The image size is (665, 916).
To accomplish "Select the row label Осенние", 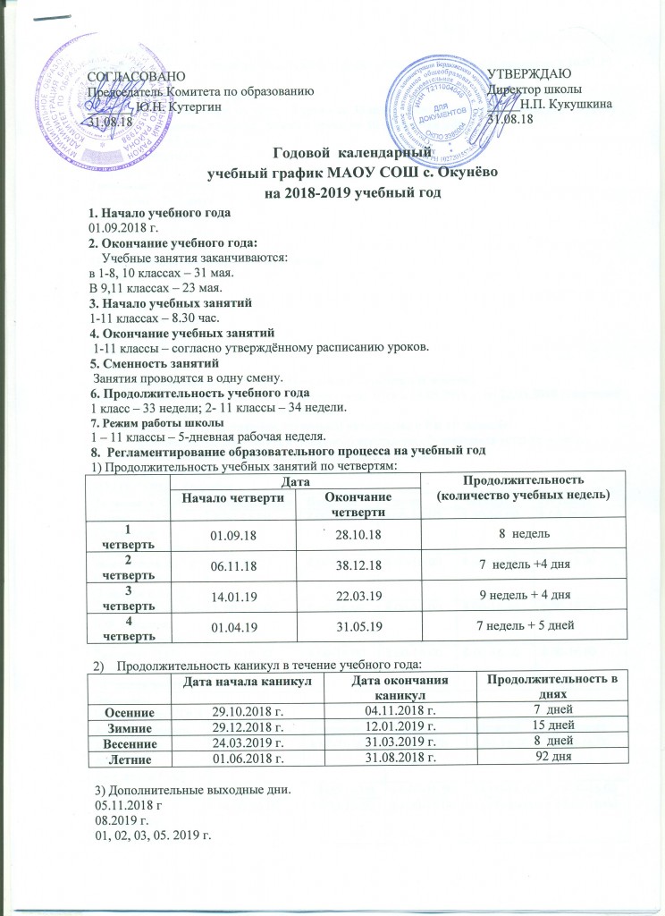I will [130, 711].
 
